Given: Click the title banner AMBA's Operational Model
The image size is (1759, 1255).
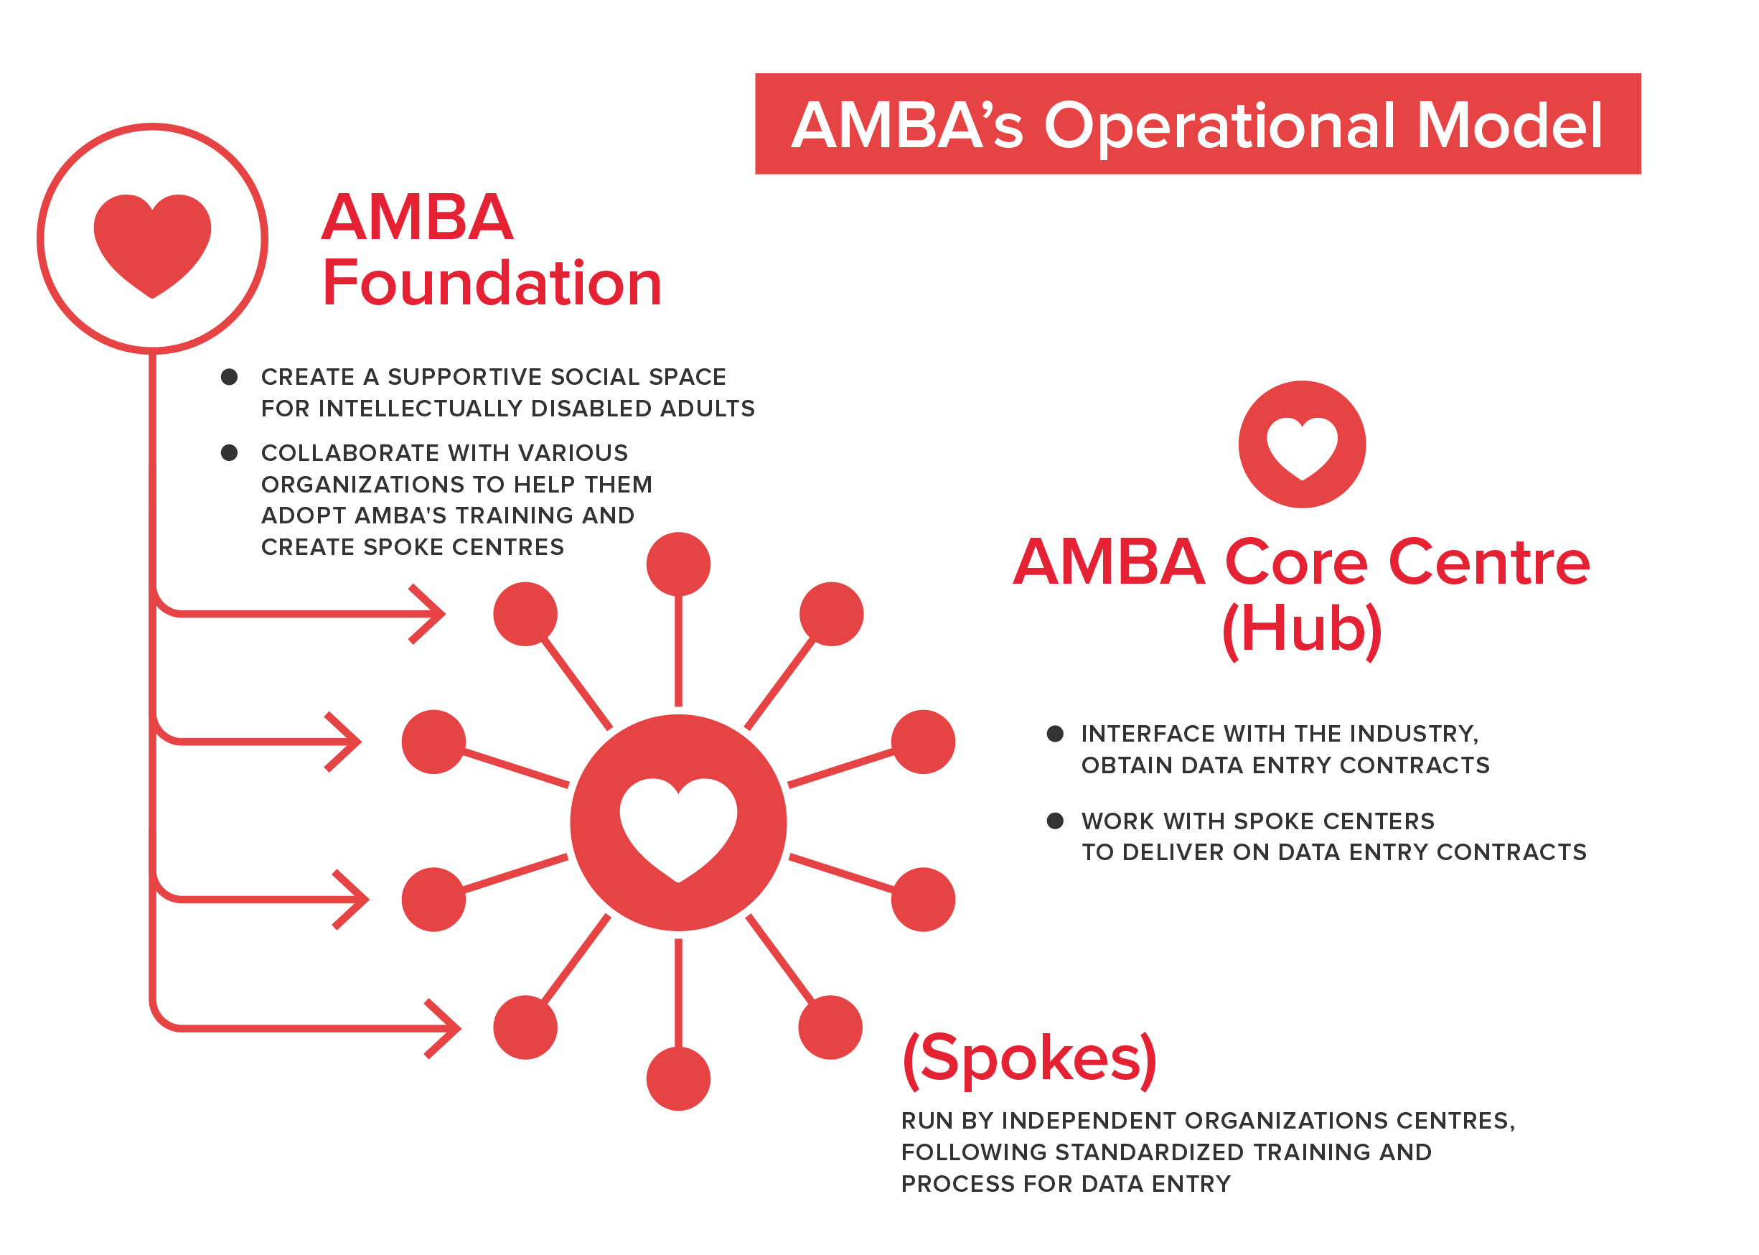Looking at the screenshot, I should pos(1197,123).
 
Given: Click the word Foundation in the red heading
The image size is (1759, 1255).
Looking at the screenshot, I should pos(492,283).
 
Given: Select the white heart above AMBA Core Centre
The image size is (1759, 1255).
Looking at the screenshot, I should pos(1302,446).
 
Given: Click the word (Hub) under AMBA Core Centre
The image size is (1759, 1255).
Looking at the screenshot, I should pos(1302,629).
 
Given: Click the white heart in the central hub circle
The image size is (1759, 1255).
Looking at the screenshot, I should pos(678,826).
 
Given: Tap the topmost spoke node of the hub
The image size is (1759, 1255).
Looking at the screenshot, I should pos(678,564).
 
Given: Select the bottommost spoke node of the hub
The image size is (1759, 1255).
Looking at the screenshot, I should pos(678,1079).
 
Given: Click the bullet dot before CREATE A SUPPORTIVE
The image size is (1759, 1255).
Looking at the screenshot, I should pos(229,376).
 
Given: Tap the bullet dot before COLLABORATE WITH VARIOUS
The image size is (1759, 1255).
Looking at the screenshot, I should pos(229,452).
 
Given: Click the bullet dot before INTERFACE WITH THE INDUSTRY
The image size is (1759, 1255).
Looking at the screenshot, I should pos(1054,733).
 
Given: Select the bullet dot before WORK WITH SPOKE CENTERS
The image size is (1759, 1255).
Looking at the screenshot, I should pos(1054,821).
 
